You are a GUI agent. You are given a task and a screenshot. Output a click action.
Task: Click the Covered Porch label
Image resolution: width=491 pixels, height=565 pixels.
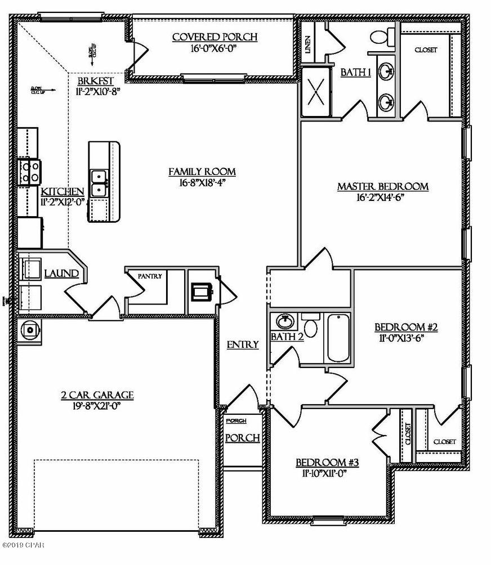coord(215,37)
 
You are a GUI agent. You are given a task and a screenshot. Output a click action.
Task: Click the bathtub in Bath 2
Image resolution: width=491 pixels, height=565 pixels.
coord(337,338)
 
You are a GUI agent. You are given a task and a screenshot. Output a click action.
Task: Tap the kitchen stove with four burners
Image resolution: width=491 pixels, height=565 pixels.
coord(29,172)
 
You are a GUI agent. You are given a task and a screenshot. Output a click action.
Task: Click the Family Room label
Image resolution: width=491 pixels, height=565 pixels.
coord(202,172)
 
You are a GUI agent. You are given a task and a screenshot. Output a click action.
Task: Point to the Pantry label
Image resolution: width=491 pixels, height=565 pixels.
coord(150,276)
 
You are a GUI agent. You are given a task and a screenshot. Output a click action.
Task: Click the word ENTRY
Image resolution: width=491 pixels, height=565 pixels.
coord(243,344)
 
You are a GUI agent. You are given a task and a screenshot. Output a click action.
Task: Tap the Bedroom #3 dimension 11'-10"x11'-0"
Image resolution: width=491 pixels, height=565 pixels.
coord(327,473)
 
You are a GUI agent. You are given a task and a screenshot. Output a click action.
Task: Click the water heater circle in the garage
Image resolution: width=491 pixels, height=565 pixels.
coord(29,328)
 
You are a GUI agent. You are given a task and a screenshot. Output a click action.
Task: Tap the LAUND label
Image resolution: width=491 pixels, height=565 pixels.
coord(61,273)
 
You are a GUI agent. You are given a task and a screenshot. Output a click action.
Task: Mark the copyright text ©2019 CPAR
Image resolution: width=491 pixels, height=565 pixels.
coord(23,545)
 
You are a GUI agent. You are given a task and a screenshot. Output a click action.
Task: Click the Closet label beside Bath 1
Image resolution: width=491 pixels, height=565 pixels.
coord(426,50)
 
